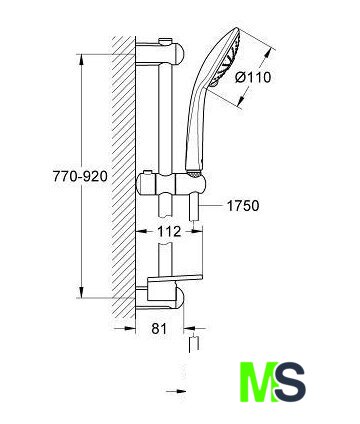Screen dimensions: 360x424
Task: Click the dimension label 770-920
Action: click(80, 176)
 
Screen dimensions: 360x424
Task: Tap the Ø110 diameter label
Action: click(253, 78)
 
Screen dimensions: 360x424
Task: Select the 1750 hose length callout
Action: click(243, 206)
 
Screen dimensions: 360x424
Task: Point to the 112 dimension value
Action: click(169, 231)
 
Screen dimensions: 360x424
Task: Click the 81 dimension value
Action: click(159, 329)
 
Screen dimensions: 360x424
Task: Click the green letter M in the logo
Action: click(259, 382)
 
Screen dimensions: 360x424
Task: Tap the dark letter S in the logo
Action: click(289, 382)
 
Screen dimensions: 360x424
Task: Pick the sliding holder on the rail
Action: click(171, 184)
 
